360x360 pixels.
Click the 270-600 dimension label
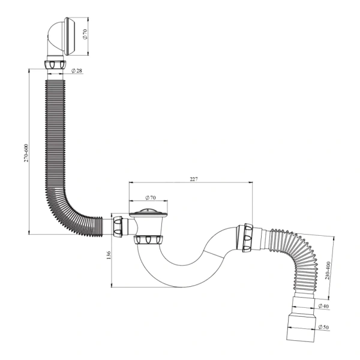[x=26, y=153]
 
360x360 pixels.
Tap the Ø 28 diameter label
[x=77, y=71]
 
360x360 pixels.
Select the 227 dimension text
[x=194, y=179]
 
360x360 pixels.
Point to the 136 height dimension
[x=109, y=255]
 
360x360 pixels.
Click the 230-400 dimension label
[x=328, y=271]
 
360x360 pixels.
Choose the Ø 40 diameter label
[x=324, y=306]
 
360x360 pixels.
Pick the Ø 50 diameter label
[x=324, y=327]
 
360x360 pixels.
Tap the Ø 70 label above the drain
[x=151, y=197]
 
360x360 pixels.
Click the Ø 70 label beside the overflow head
[x=85, y=34]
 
